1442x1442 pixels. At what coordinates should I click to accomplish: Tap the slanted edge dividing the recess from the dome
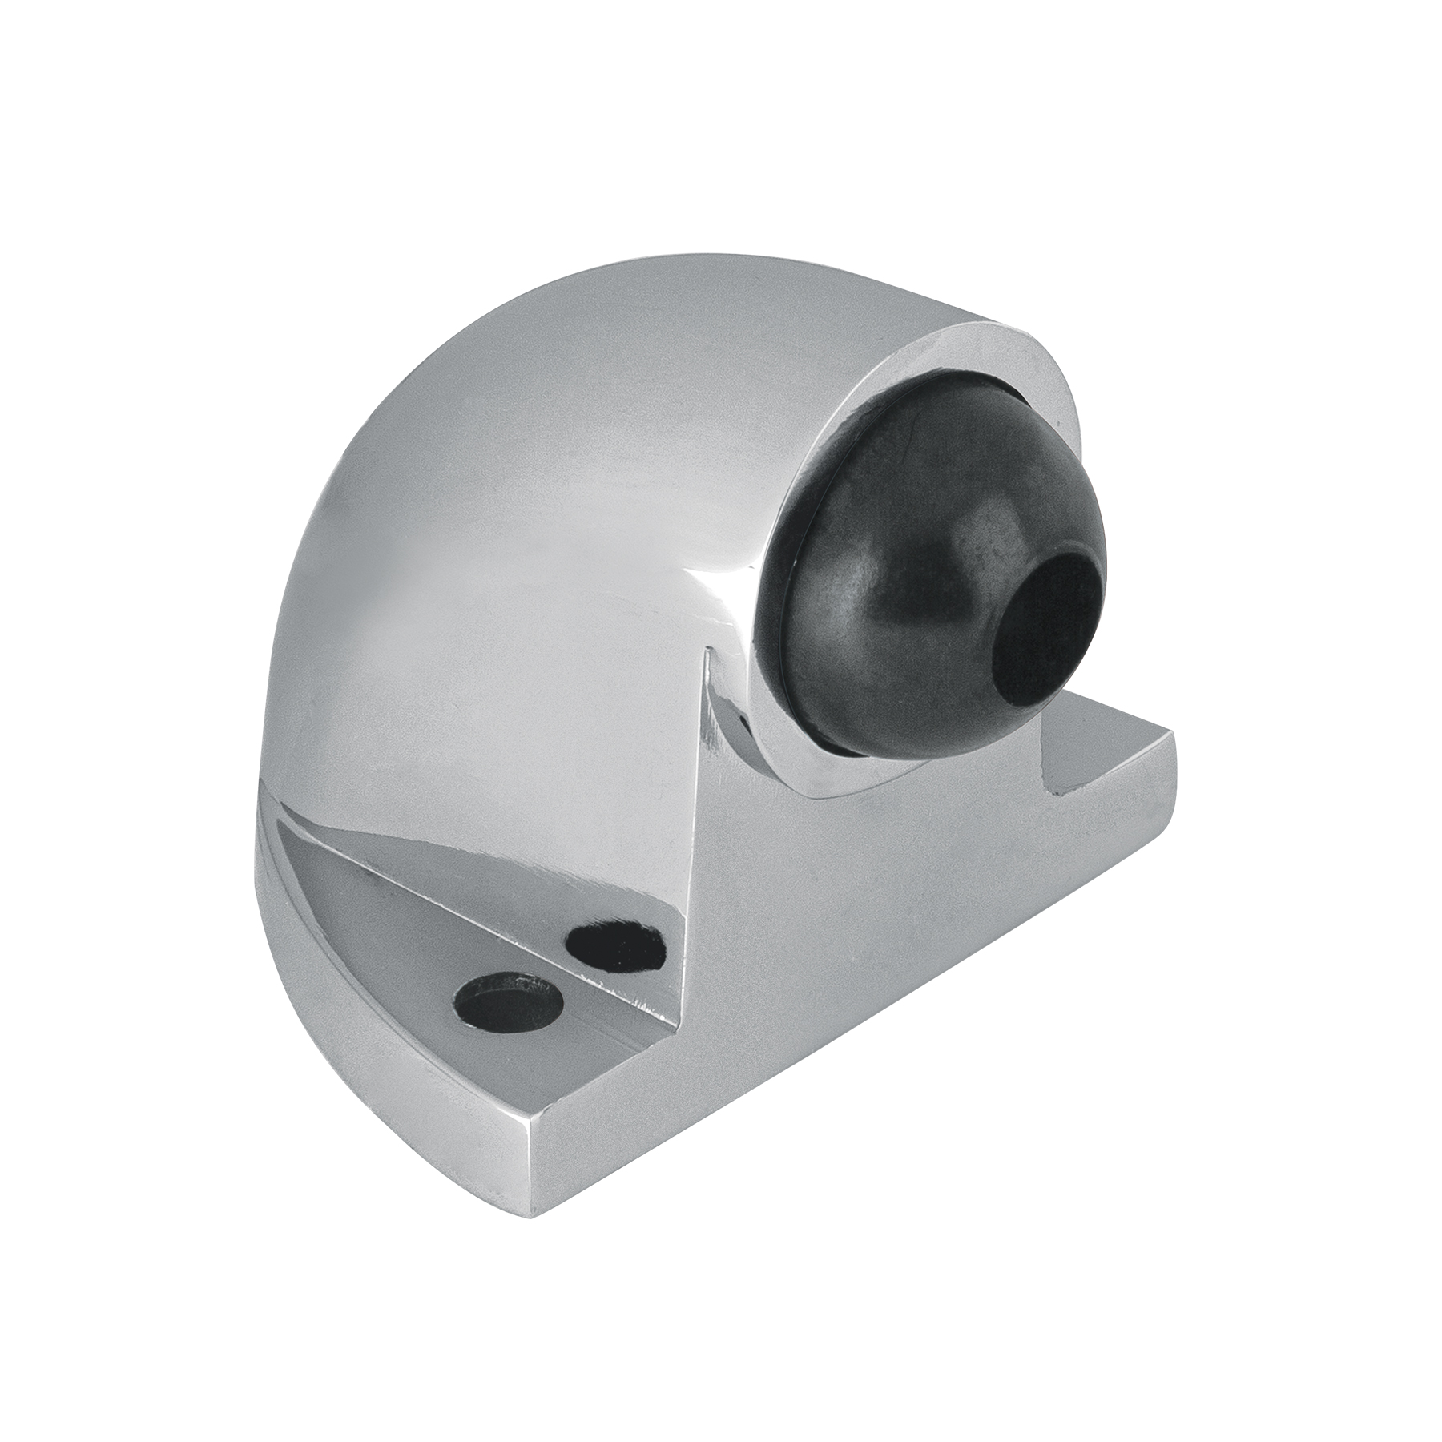point(481,825)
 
